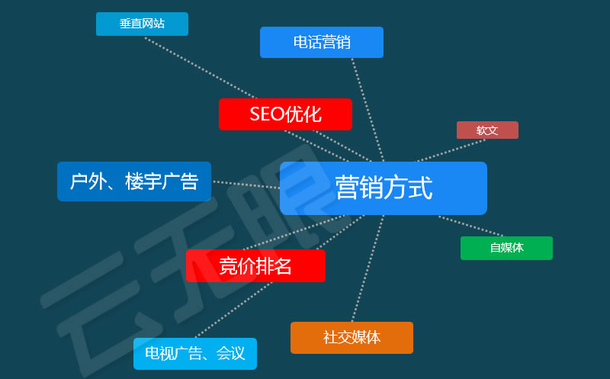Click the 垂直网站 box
tap(142, 24)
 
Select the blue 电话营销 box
tap(322, 42)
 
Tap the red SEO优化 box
tap(285, 114)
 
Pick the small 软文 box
tap(487, 130)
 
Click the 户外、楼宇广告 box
tap(134, 181)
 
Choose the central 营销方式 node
tap(384, 188)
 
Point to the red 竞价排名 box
tap(255, 266)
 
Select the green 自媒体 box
tap(506, 248)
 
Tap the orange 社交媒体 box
tap(352, 338)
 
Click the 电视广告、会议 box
tap(195, 354)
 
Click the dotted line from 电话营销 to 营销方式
tap(368, 110)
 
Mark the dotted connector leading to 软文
tap(451, 150)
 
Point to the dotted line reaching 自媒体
tap(470, 226)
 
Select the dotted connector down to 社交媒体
tap(368, 268)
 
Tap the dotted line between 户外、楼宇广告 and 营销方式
tap(246, 185)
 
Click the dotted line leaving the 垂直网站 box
tap(201, 68)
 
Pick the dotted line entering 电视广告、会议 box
tap(233, 310)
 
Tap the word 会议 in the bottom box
tap(231, 354)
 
